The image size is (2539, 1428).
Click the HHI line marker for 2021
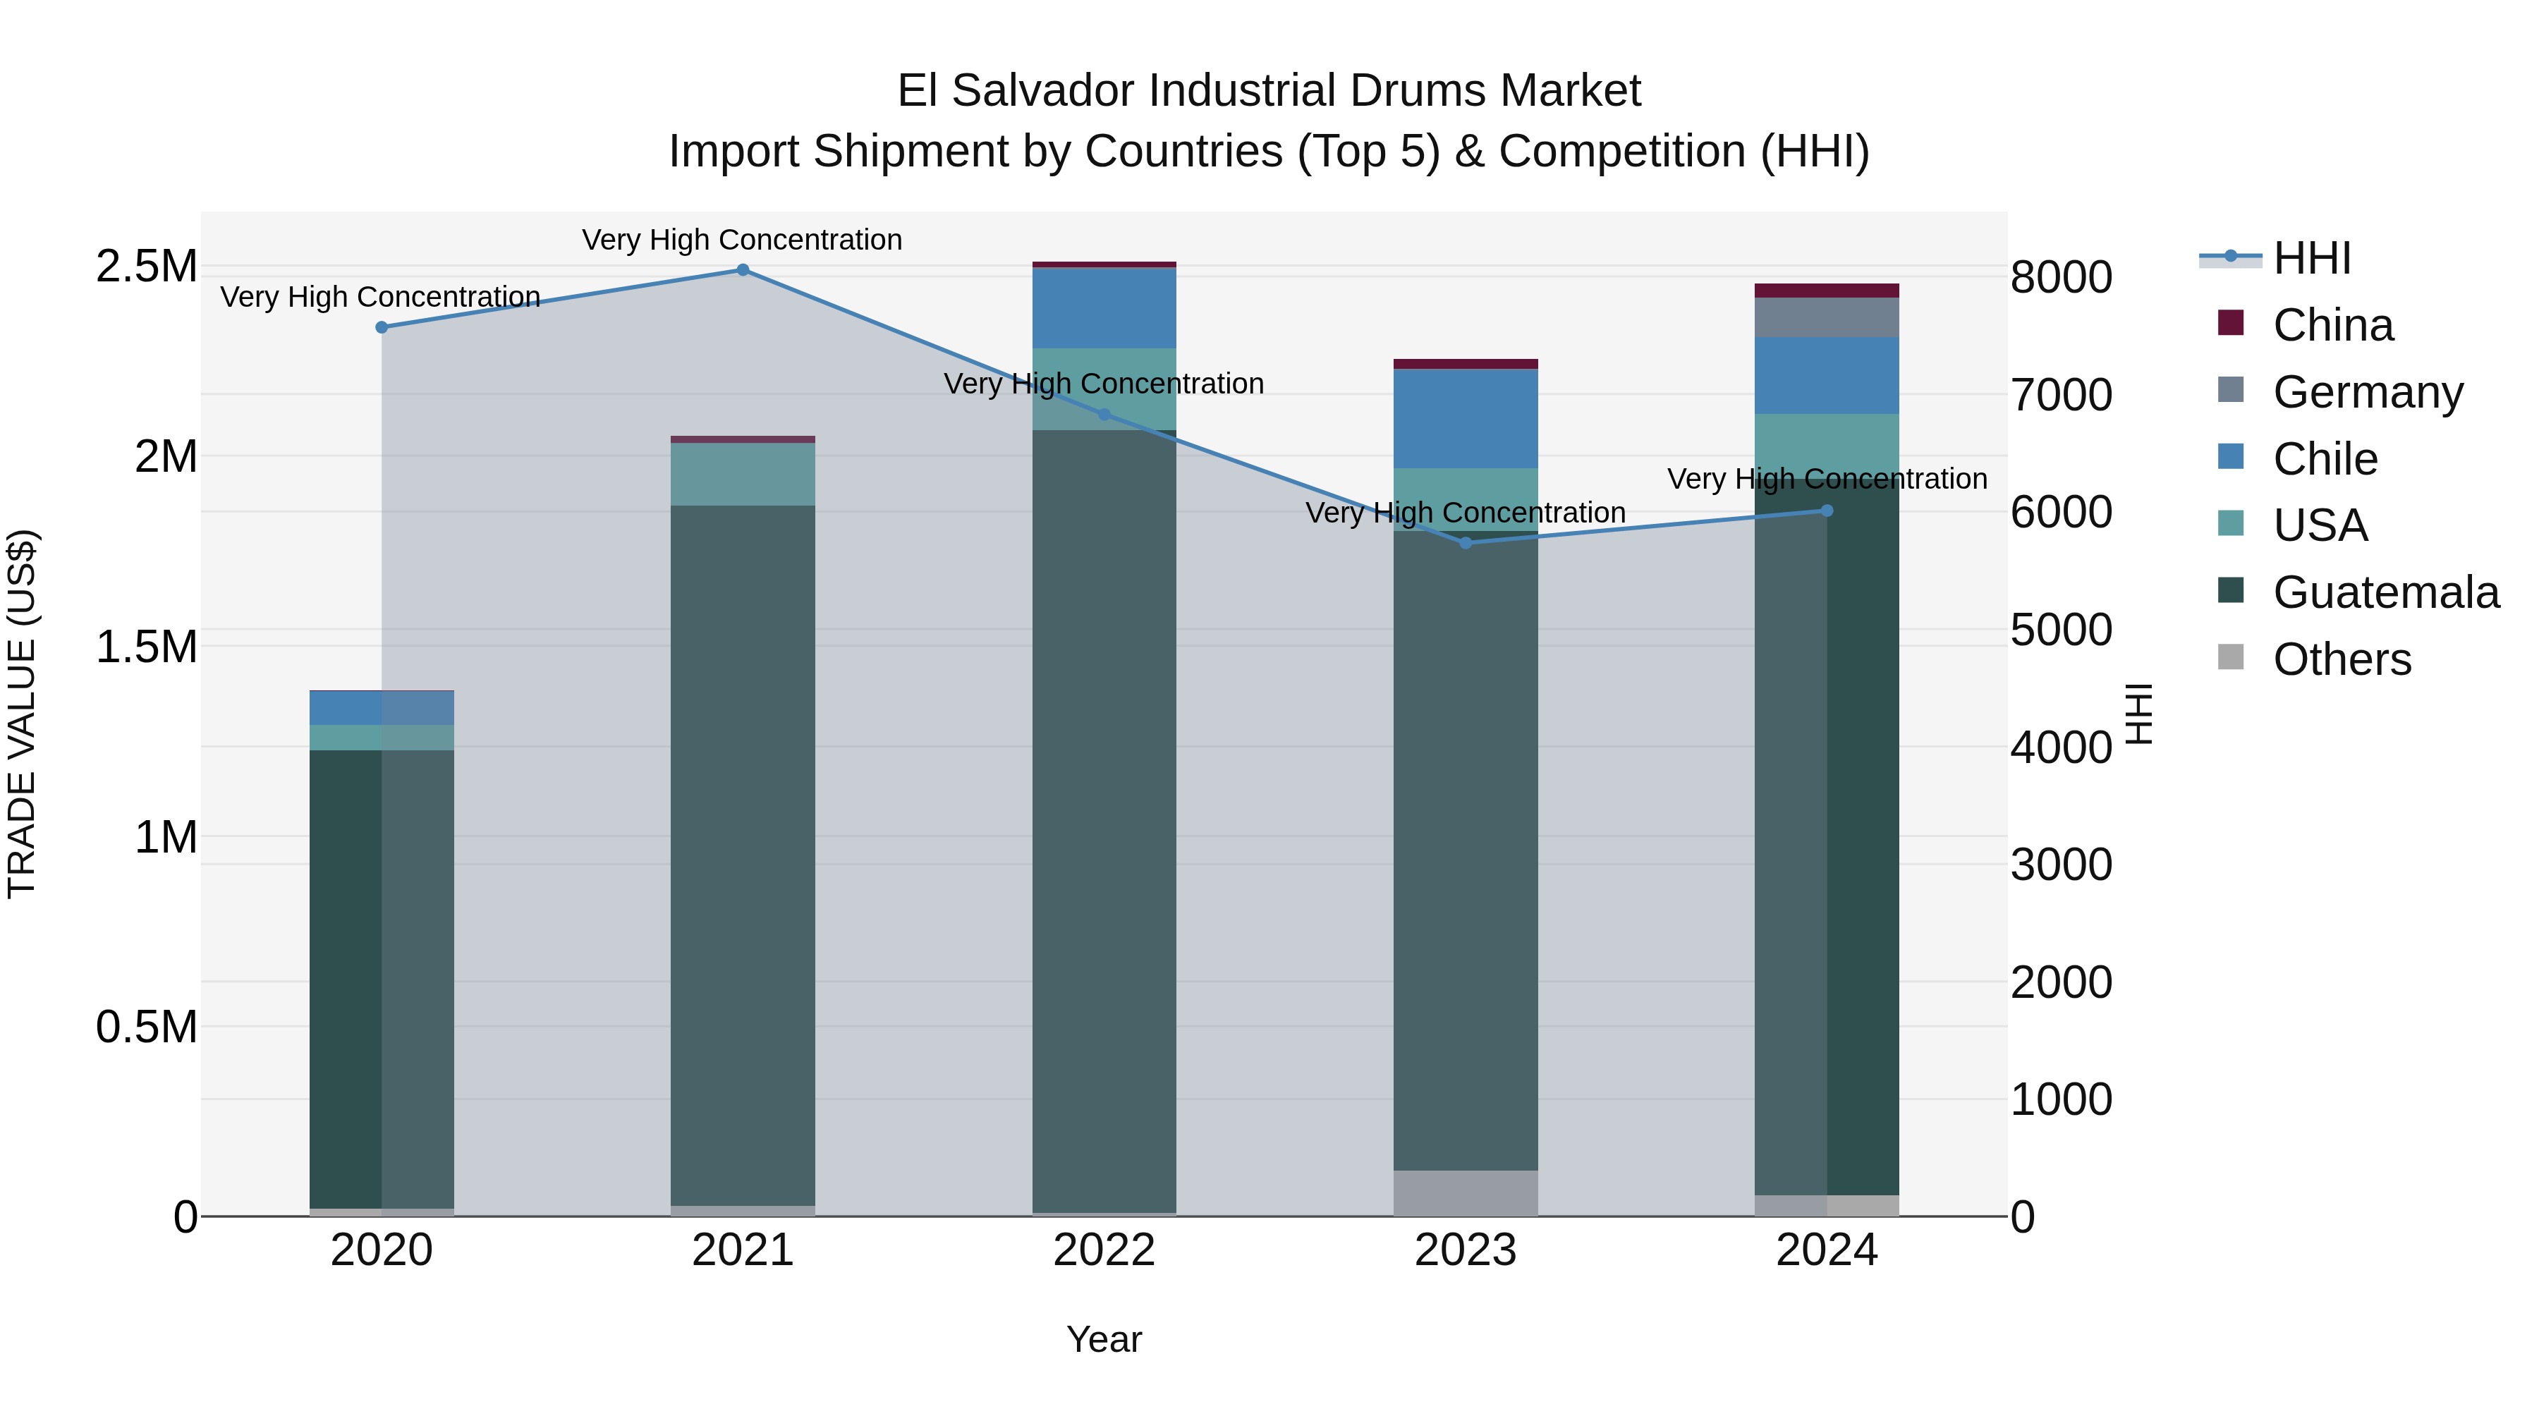[x=743, y=270]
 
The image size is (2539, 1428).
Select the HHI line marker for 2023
[x=1466, y=543]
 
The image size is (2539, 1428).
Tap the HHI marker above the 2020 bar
[x=382, y=327]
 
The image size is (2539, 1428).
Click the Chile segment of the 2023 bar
[x=1466, y=418]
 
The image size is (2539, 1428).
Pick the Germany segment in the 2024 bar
[x=1827, y=317]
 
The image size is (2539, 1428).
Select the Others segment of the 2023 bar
[x=1466, y=1192]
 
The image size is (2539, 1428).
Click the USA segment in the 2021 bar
[x=743, y=474]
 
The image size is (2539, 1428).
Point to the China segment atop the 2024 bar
[x=1827, y=291]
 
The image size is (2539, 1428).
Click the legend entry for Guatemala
[x=2385, y=592]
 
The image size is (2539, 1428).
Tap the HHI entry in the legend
[x=2311, y=258]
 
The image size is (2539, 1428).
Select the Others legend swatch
[x=2231, y=657]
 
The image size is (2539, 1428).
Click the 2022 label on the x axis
[x=1104, y=1250]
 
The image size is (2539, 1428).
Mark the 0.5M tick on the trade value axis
[x=146, y=1027]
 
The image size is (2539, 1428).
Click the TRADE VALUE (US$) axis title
[x=22, y=714]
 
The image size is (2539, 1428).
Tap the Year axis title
[x=1104, y=1339]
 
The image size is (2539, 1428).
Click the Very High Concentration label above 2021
[x=742, y=240]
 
